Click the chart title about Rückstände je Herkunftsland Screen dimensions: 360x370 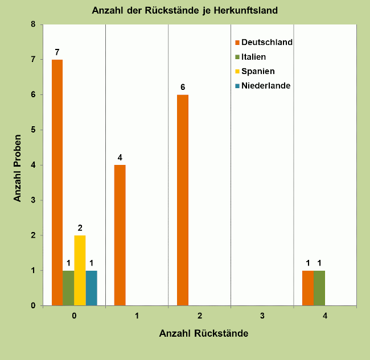[185, 10]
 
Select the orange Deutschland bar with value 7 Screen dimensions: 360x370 [57, 182]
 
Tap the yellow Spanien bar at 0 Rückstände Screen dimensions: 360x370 [80, 270]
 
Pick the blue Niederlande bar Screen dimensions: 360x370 [92, 288]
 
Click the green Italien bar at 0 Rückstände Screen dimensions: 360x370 [68, 288]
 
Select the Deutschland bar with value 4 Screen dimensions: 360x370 [120, 235]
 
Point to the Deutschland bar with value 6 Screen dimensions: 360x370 [182, 200]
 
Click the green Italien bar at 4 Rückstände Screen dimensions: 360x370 [319, 288]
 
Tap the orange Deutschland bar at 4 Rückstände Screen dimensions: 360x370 [308, 288]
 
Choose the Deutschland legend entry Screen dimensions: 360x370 [264, 42]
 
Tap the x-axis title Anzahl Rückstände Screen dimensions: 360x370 [203, 334]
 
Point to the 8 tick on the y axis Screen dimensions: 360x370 [33, 24]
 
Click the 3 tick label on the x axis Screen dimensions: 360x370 [262, 315]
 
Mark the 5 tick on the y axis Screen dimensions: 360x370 [33, 130]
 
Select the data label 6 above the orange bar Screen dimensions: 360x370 [183, 87]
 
